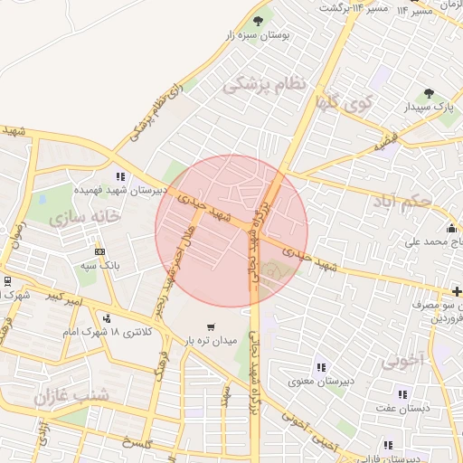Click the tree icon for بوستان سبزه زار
pyautogui.click(x=258, y=21)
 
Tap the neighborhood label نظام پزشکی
pyautogui.click(x=265, y=84)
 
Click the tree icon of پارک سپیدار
pyautogui.click(x=429, y=93)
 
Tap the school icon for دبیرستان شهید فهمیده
pyautogui.click(x=120, y=177)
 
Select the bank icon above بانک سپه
pyautogui.click(x=100, y=251)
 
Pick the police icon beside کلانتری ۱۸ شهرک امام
pyautogui.click(x=107, y=317)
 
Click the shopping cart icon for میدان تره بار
pyautogui.click(x=211, y=326)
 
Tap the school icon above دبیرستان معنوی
pyautogui.click(x=320, y=367)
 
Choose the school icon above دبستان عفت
pyautogui.click(x=402, y=394)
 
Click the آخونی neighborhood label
pyautogui.click(x=402, y=362)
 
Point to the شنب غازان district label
pyautogui.click(x=71, y=395)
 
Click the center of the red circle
pyautogui.click(x=231, y=231)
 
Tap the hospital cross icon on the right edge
pyautogui.click(x=458, y=291)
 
